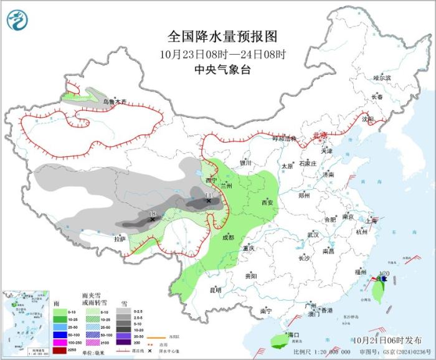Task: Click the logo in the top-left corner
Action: (17, 20)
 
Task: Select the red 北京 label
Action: (319, 135)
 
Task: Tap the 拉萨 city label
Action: (120, 239)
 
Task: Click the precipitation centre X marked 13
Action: (152, 219)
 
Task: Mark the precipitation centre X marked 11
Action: (208, 201)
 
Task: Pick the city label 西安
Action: (267, 202)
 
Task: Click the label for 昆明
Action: (215, 290)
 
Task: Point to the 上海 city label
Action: (372, 220)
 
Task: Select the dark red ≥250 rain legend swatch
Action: (60, 351)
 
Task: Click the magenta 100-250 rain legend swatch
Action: (60, 343)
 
